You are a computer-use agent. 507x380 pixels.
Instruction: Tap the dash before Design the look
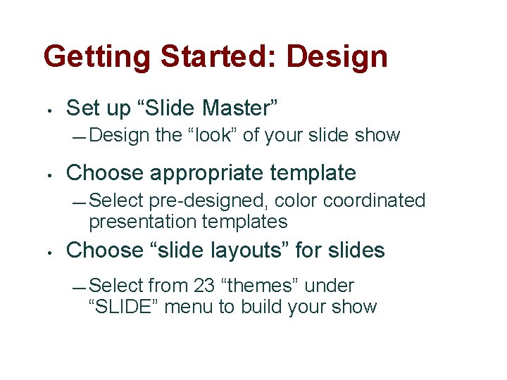point(80,136)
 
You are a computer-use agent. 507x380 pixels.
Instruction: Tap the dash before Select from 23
point(80,286)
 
